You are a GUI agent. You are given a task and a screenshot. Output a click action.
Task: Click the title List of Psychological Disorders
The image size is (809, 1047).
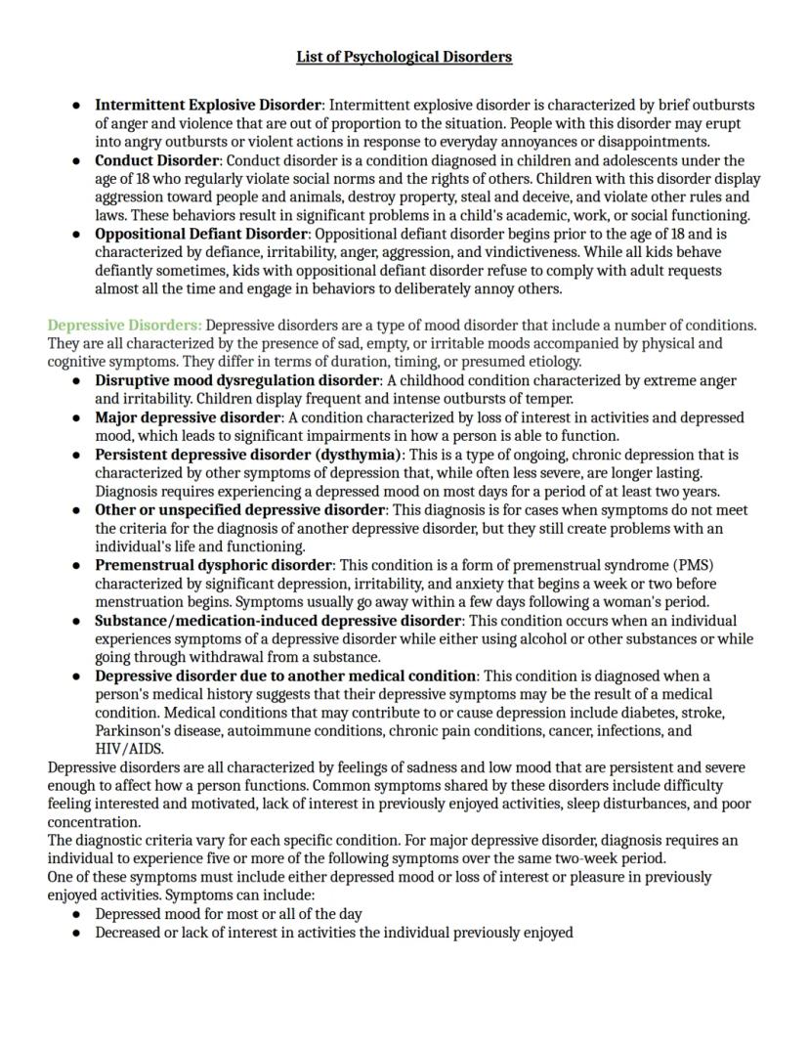(x=404, y=57)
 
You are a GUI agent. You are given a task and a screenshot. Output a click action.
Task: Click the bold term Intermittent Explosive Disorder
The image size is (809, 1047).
(x=207, y=105)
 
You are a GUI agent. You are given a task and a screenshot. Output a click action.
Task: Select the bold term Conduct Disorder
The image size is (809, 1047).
(x=156, y=160)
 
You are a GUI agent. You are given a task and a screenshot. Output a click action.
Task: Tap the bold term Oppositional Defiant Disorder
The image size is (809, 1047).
(x=201, y=235)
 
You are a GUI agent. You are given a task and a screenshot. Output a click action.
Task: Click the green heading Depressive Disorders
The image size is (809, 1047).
(x=124, y=326)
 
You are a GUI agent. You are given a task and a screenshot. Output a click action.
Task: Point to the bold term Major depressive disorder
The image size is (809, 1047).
(x=188, y=418)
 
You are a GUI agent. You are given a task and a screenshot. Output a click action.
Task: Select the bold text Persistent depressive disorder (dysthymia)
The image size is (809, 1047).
(x=249, y=456)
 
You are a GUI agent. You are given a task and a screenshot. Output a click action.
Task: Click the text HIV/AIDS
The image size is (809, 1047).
(x=129, y=749)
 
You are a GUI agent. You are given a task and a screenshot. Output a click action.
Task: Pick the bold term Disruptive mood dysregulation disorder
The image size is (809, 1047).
(x=236, y=381)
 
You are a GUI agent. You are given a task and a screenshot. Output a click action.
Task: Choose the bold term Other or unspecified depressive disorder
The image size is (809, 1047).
(x=239, y=510)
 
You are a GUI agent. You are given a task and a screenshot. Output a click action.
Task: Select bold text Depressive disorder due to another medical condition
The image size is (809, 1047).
(x=285, y=676)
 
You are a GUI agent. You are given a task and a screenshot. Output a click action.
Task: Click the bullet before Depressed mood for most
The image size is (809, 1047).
(x=76, y=915)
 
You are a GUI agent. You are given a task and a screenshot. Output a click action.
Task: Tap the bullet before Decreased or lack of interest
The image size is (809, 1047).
(x=76, y=934)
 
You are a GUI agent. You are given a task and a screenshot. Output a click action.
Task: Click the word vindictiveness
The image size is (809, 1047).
(x=536, y=252)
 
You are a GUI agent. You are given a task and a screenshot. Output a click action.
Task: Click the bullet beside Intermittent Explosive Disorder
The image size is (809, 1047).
(x=76, y=105)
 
